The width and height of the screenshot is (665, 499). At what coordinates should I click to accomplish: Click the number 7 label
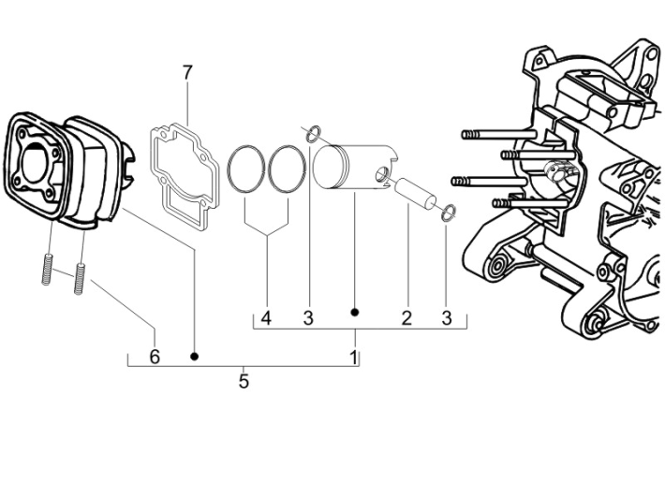click(187, 72)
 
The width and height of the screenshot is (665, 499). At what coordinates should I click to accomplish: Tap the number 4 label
click(266, 318)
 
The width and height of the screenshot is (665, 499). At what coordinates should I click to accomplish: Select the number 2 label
click(406, 318)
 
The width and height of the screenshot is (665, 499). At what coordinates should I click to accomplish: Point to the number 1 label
click(354, 358)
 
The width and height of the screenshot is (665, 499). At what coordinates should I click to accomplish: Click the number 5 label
click(244, 382)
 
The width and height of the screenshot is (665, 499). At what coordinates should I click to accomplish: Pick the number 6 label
click(155, 357)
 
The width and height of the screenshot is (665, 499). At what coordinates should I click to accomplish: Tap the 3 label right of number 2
click(447, 318)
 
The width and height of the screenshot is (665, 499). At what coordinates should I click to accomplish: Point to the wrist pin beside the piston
click(412, 191)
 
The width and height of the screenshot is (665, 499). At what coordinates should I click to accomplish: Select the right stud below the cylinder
click(81, 278)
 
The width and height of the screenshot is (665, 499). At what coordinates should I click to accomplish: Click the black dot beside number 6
click(195, 357)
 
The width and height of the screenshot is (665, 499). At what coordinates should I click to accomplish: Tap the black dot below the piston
click(355, 311)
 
